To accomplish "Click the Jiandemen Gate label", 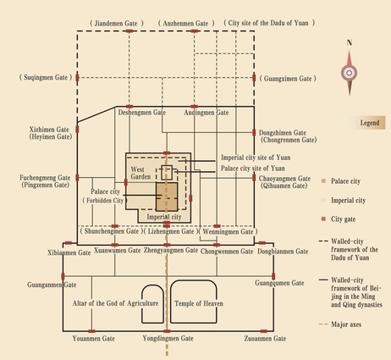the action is (x=117, y=24).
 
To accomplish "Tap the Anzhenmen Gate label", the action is (x=186, y=24).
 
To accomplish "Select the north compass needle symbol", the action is (x=350, y=72).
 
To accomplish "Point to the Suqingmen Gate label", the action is (x=46, y=78).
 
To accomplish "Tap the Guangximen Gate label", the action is (x=288, y=79).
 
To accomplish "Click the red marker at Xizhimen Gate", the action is (x=77, y=130).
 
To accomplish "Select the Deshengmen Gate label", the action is (x=142, y=113).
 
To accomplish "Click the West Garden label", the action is (x=140, y=173).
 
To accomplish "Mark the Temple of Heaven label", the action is (x=199, y=303).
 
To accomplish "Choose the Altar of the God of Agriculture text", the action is (x=115, y=303).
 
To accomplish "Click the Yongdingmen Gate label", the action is (x=168, y=338).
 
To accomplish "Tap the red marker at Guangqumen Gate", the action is (x=273, y=276).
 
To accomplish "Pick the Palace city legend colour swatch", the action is (x=323, y=181).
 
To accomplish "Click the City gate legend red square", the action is (x=323, y=219).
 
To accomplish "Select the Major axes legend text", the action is (x=346, y=324).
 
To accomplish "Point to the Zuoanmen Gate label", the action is (x=265, y=338).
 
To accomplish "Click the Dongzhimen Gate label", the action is (x=283, y=133).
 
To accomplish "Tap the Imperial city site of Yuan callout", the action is (x=256, y=158).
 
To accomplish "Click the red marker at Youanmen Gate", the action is (x=91, y=331).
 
